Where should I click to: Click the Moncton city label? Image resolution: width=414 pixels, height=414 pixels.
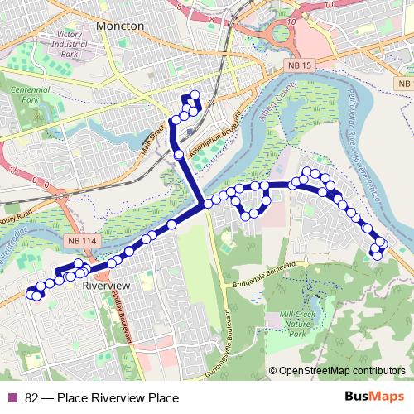120,26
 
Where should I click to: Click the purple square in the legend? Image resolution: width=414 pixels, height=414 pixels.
11,398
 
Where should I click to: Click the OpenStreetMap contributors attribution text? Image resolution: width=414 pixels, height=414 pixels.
338,371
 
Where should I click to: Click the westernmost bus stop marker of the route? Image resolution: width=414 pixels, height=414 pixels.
31,292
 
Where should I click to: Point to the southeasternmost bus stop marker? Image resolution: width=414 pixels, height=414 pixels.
378,254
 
